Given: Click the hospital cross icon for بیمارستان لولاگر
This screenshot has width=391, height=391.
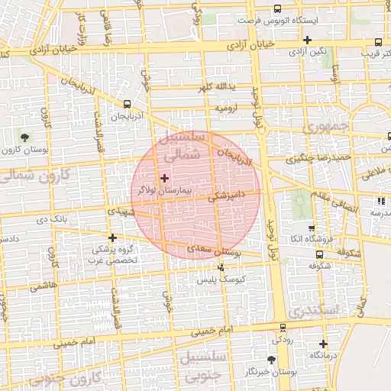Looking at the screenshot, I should (164, 177).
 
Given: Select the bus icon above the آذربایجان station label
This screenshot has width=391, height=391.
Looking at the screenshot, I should (126, 105).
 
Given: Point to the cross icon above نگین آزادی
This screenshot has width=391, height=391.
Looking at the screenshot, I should (307, 40).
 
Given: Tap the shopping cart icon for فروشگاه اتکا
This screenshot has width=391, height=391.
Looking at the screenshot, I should (311, 228).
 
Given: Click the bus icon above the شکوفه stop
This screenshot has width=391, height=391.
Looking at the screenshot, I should (311, 256).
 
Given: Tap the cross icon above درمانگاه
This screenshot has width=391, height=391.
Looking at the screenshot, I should (323, 344).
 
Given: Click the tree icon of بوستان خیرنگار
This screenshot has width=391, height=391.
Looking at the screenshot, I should (271, 359).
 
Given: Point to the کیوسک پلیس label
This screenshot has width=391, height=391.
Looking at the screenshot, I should (220, 280).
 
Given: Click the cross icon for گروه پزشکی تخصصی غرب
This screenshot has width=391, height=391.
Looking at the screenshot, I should (113, 238).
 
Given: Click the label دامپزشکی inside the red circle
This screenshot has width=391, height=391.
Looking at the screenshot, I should (228, 196).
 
